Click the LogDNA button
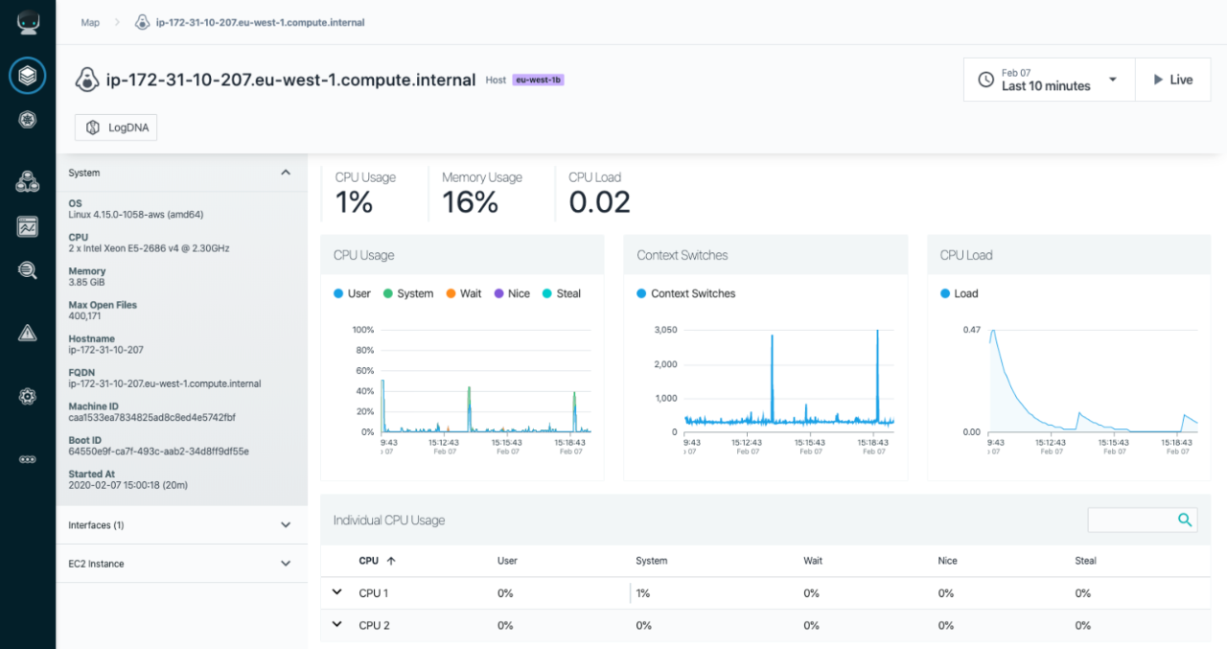click(116, 127)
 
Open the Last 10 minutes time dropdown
click(1049, 80)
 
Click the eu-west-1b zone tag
click(538, 81)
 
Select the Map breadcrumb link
click(90, 22)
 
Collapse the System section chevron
click(285, 173)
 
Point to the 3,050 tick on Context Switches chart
click(665, 330)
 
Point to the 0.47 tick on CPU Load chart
click(970, 330)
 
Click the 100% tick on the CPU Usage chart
click(362, 330)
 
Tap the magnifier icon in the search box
click(1185, 520)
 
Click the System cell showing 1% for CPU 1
click(643, 593)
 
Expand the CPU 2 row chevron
click(336, 624)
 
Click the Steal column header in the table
click(1084, 561)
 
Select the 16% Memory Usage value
click(470, 202)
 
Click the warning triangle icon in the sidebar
click(28, 333)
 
